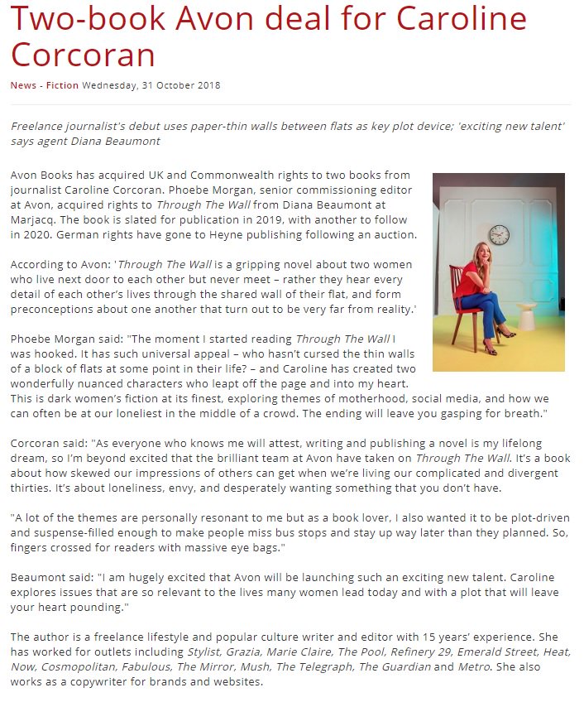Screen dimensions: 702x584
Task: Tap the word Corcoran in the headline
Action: pos(83,55)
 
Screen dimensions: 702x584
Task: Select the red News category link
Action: pos(22,85)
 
